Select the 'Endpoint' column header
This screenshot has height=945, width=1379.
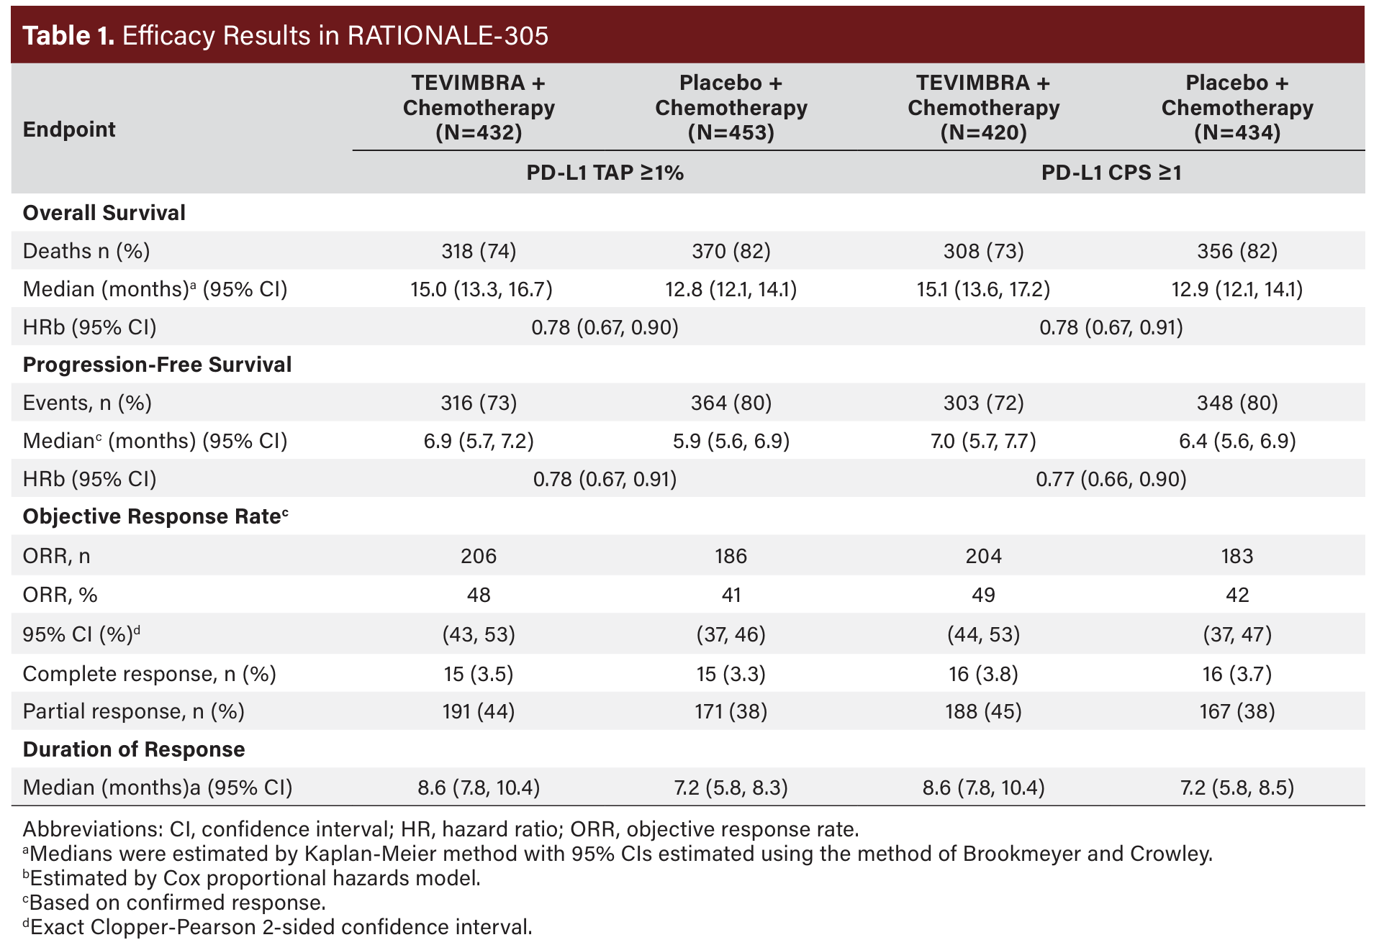69,129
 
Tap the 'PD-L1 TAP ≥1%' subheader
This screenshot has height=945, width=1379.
605,173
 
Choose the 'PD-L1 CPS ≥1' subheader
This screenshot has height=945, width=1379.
1111,173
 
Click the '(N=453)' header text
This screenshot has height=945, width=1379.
731,133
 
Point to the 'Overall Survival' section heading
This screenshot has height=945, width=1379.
104,213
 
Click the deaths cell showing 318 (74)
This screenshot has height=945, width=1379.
479,251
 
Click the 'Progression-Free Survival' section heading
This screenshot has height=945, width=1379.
157,365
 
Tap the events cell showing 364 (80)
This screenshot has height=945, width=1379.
731,403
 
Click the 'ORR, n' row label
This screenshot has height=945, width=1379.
56,556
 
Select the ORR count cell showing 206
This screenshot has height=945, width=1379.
479,556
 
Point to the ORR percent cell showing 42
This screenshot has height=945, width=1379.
1236,595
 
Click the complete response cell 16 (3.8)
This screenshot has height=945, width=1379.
983,674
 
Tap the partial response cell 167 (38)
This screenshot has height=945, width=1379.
1236,711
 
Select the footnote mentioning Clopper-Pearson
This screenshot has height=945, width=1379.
278,927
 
